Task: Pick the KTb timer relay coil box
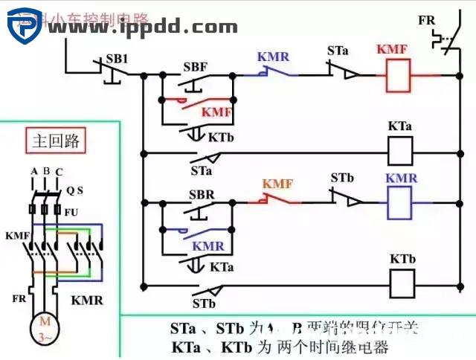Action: click(x=402, y=283)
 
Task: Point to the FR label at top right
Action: click(x=427, y=18)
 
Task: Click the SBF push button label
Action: click(x=195, y=66)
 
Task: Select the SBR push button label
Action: click(x=196, y=196)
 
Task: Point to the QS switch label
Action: click(x=74, y=190)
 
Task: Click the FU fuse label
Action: click(x=71, y=211)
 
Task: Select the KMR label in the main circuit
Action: click(x=87, y=301)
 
